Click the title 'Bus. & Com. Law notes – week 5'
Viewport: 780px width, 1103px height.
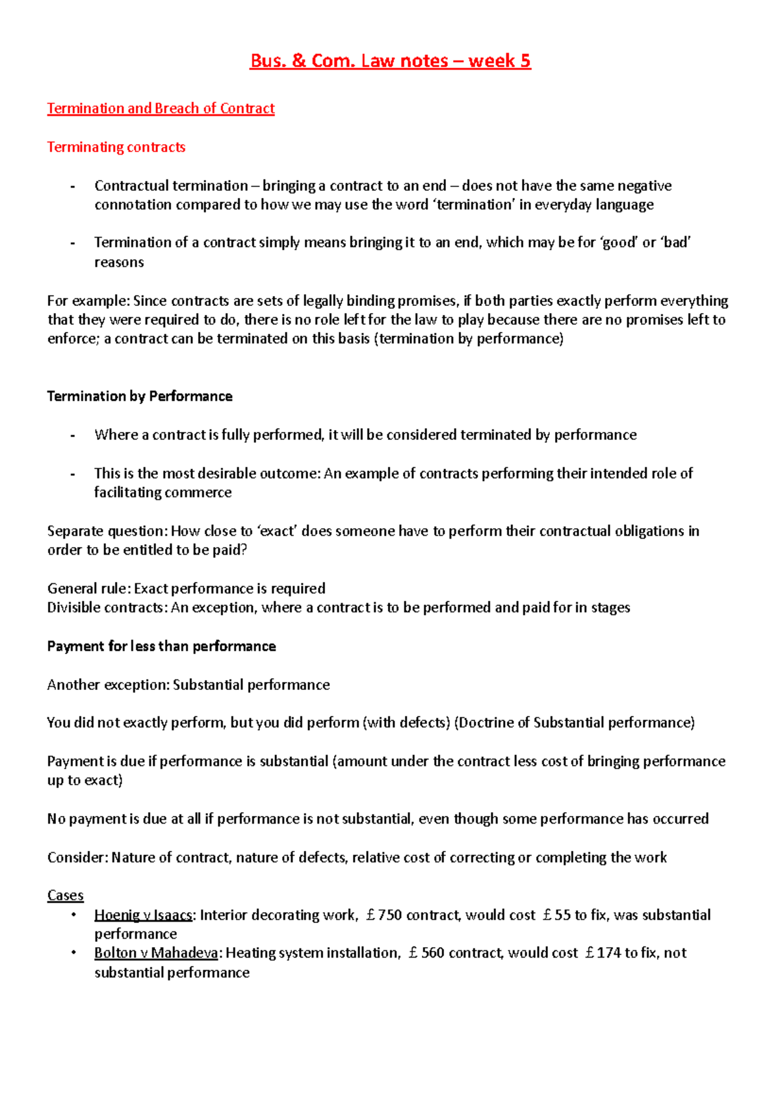click(x=390, y=61)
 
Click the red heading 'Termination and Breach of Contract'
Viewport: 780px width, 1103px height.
click(x=161, y=108)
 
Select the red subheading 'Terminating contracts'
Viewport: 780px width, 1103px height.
click(x=116, y=147)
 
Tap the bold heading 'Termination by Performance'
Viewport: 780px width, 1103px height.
click(x=140, y=396)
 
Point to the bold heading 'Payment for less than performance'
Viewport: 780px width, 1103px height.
click(x=161, y=646)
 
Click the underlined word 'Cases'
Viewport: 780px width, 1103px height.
click(x=65, y=896)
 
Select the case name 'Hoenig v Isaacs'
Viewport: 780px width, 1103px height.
click(x=143, y=915)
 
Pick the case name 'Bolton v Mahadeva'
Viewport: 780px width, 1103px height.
click(x=156, y=953)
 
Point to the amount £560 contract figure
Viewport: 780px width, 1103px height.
click(x=427, y=953)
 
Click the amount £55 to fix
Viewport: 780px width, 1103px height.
click(x=556, y=915)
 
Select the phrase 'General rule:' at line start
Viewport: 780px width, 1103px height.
click(x=89, y=589)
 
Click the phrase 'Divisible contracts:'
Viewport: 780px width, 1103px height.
click(x=107, y=608)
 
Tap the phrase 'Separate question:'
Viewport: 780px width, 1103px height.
click(x=107, y=531)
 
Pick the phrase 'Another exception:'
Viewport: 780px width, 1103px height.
click(x=109, y=685)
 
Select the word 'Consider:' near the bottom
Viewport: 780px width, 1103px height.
click(x=77, y=857)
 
